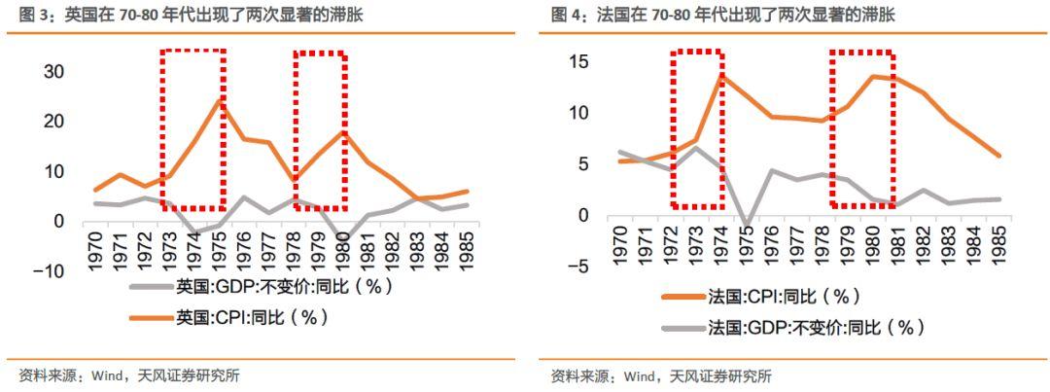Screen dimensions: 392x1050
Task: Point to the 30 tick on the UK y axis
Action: coord(53,72)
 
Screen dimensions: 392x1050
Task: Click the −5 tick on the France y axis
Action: coord(577,266)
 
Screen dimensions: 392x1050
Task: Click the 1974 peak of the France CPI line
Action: coord(722,74)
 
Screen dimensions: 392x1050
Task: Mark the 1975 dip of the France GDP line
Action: coord(746,227)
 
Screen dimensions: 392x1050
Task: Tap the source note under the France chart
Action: coord(661,376)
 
